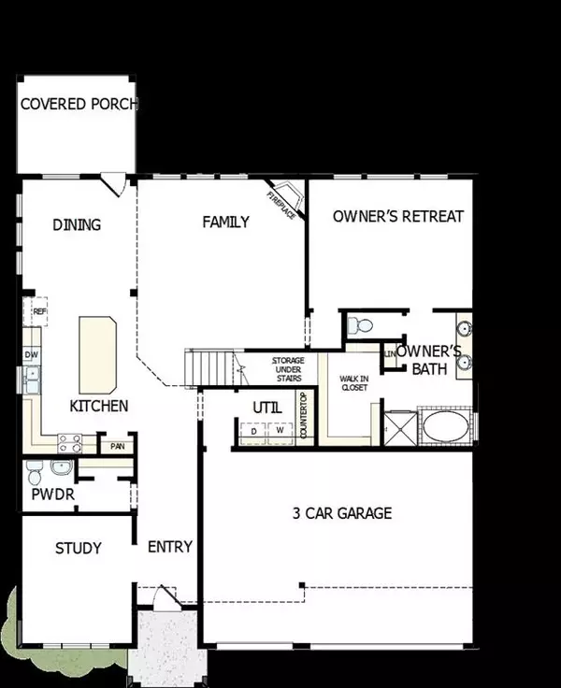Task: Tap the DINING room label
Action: pos(77,224)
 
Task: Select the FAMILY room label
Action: pos(226,222)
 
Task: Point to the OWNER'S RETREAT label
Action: pos(398,216)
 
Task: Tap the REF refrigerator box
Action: pos(39,311)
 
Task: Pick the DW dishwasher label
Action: pos(31,354)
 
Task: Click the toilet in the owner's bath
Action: pos(360,326)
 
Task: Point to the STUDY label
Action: pos(78,548)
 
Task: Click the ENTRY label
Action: pos(170,547)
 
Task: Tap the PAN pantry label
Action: pos(118,448)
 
